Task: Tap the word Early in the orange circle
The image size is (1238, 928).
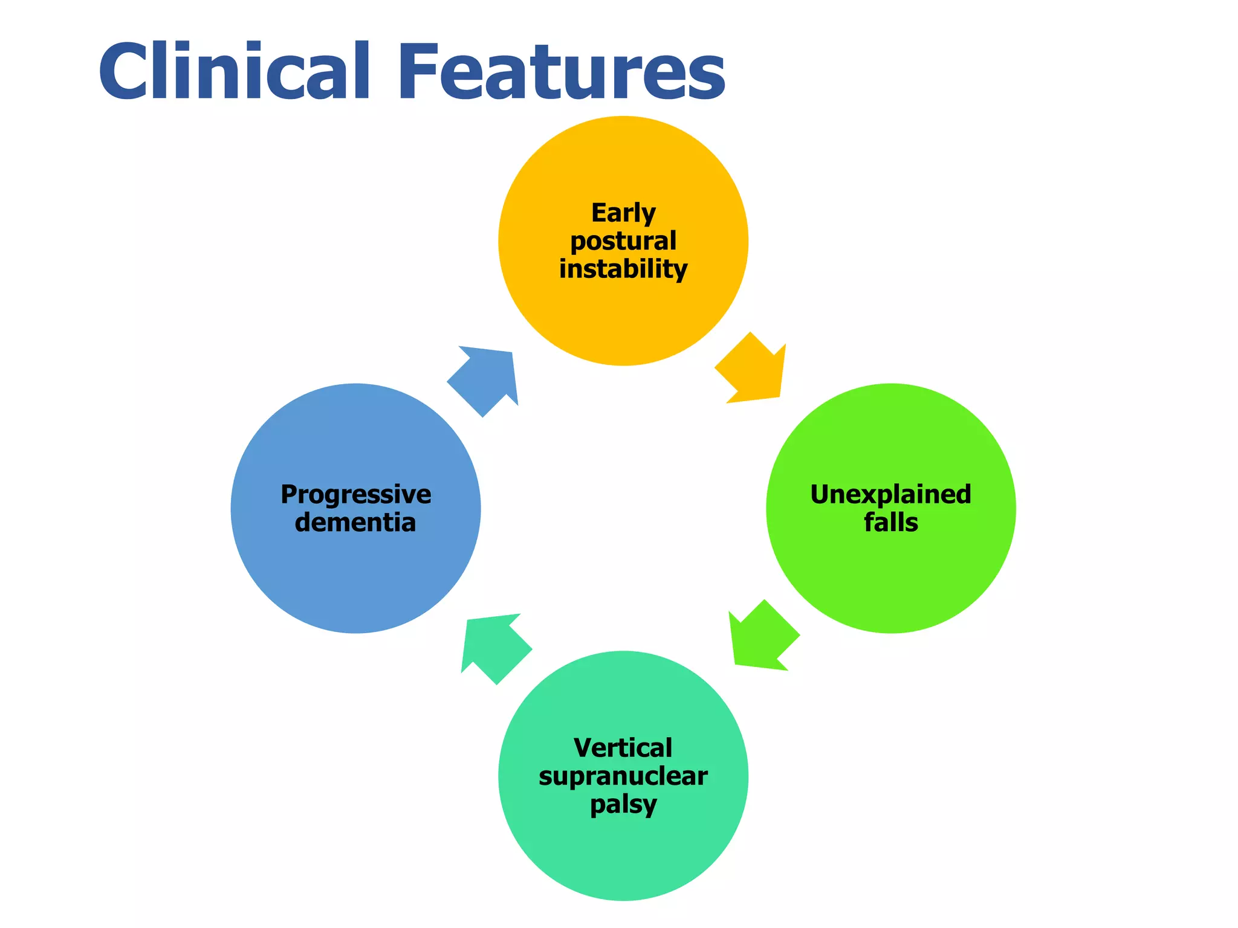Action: coord(623,213)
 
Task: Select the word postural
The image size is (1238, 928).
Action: coord(623,242)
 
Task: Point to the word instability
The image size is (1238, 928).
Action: coord(623,269)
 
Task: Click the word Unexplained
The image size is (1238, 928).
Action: coord(890,494)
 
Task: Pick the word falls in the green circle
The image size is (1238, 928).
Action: coord(890,523)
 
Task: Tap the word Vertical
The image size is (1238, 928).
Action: coord(623,748)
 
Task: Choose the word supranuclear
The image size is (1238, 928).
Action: coord(623,776)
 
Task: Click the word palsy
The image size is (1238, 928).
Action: coord(623,805)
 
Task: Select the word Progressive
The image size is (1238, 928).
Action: coord(355,494)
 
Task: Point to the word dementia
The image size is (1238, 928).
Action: coord(355,523)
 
